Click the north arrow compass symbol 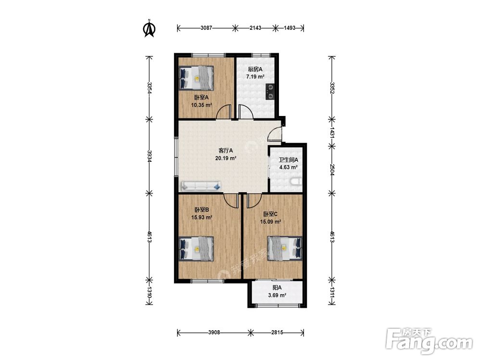150,28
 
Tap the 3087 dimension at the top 206,28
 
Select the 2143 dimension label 255,28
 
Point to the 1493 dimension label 289,28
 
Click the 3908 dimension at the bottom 214,333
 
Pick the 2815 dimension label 277,333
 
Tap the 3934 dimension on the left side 150,156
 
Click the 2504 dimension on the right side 332,170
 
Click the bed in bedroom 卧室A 196,77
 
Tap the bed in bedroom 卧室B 196,249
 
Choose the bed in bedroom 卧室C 285,248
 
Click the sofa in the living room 201,186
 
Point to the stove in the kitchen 270,92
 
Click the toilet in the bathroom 296,182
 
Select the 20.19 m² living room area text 226,158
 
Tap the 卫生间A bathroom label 288,160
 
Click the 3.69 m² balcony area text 277,296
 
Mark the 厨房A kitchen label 255,69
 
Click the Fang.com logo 429,341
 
